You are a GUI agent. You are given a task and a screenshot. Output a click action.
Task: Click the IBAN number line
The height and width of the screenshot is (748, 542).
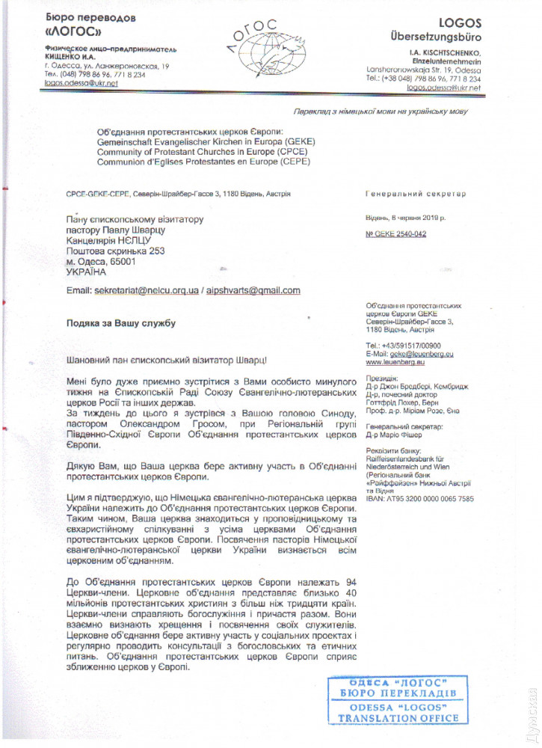[419, 497]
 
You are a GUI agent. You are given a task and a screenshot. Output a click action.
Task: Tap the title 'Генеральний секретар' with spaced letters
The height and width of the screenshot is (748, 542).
[415, 194]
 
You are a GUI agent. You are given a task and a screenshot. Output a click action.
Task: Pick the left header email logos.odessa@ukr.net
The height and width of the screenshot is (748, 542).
[70, 85]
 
